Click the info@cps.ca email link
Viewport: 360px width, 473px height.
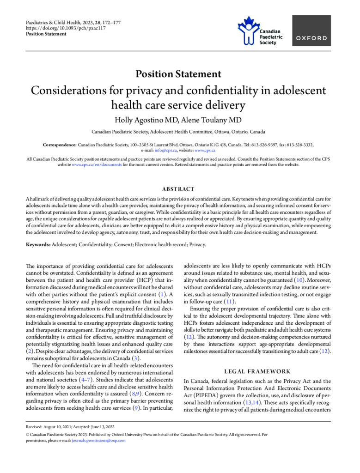[164, 151]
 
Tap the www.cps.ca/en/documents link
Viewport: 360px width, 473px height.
[97, 164]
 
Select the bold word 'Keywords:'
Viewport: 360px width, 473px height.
[38, 245]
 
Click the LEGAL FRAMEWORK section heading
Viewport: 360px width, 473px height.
[257, 371]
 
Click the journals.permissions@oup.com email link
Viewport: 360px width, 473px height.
[98, 440]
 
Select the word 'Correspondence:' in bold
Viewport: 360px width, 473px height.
[60, 145]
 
